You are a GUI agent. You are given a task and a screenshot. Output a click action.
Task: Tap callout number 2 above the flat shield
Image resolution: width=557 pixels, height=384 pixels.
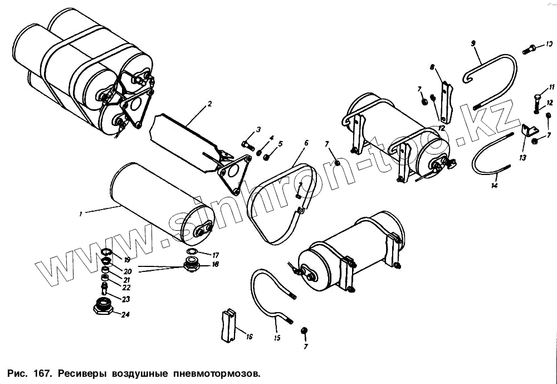tap(210, 104)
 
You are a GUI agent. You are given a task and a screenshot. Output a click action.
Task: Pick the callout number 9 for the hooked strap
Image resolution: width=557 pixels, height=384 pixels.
tap(473, 43)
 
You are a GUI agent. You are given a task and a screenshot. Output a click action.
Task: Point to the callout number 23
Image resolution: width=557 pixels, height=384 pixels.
tap(126, 299)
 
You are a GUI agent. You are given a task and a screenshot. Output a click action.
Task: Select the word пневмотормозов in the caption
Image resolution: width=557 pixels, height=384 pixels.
tap(217, 372)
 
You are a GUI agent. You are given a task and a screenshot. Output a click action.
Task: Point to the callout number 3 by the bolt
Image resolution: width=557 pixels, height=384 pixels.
tap(258, 130)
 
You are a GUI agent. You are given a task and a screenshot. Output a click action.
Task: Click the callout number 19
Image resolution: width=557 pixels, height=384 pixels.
tap(127, 260)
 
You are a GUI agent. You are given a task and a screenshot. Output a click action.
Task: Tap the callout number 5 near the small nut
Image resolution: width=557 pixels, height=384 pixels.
tap(280, 144)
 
